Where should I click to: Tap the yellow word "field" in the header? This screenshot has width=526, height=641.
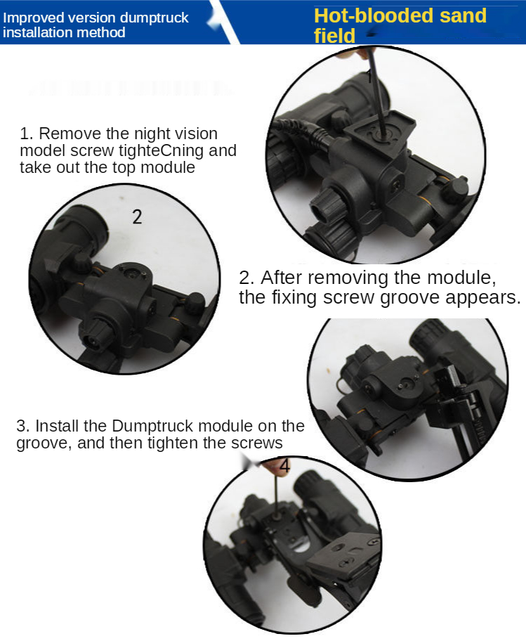click(334, 36)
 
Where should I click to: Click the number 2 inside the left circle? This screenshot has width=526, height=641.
click(137, 216)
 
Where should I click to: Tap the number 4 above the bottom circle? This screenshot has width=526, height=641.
click(284, 465)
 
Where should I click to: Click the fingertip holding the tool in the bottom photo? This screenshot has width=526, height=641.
click(274, 467)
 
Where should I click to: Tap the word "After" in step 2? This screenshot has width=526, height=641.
click(282, 278)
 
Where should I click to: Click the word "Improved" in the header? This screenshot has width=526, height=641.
click(33, 18)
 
